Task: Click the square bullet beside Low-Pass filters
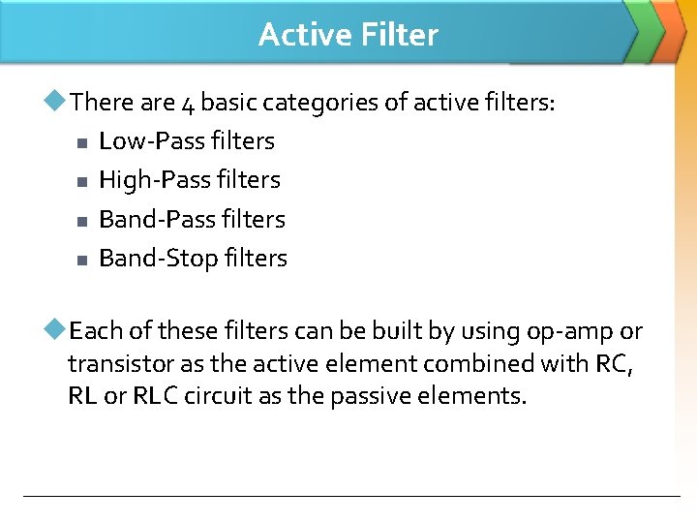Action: (81, 143)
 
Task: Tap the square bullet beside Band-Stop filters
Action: (81, 261)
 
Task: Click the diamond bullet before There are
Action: (58, 100)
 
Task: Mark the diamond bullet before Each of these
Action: (58, 331)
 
